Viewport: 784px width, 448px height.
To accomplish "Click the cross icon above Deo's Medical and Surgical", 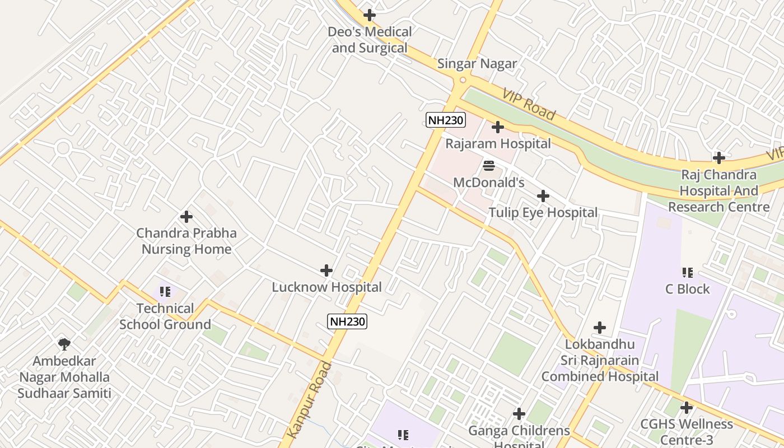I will point(370,15).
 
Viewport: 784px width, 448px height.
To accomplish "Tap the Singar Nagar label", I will point(477,64).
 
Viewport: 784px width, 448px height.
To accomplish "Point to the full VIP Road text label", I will point(529,104).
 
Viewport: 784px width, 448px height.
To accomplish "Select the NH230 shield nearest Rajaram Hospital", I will point(446,119).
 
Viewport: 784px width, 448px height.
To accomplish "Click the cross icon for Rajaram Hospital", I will point(497,127).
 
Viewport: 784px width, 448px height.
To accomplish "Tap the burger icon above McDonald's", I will point(488,166).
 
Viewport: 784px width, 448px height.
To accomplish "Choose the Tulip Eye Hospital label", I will point(543,213).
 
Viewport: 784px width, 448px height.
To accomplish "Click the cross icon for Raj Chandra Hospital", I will point(719,158).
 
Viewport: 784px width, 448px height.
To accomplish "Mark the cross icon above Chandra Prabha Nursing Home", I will point(186,217).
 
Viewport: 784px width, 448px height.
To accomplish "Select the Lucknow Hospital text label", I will point(326,287).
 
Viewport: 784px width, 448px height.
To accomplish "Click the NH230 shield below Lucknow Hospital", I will point(347,321).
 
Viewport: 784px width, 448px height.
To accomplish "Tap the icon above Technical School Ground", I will point(165,292).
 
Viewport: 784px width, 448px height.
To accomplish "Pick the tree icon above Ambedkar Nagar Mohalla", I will point(64,344).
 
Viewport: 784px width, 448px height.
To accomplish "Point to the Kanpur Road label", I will point(310,400).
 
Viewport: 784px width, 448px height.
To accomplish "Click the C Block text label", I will point(687,289).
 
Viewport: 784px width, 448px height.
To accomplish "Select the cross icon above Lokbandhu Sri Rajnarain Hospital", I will point(600,327).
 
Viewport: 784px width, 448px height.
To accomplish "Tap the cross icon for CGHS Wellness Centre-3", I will point(686,408).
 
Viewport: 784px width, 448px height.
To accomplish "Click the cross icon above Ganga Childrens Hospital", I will point(519,414).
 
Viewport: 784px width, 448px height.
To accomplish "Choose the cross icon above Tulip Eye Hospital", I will point(543,196).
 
